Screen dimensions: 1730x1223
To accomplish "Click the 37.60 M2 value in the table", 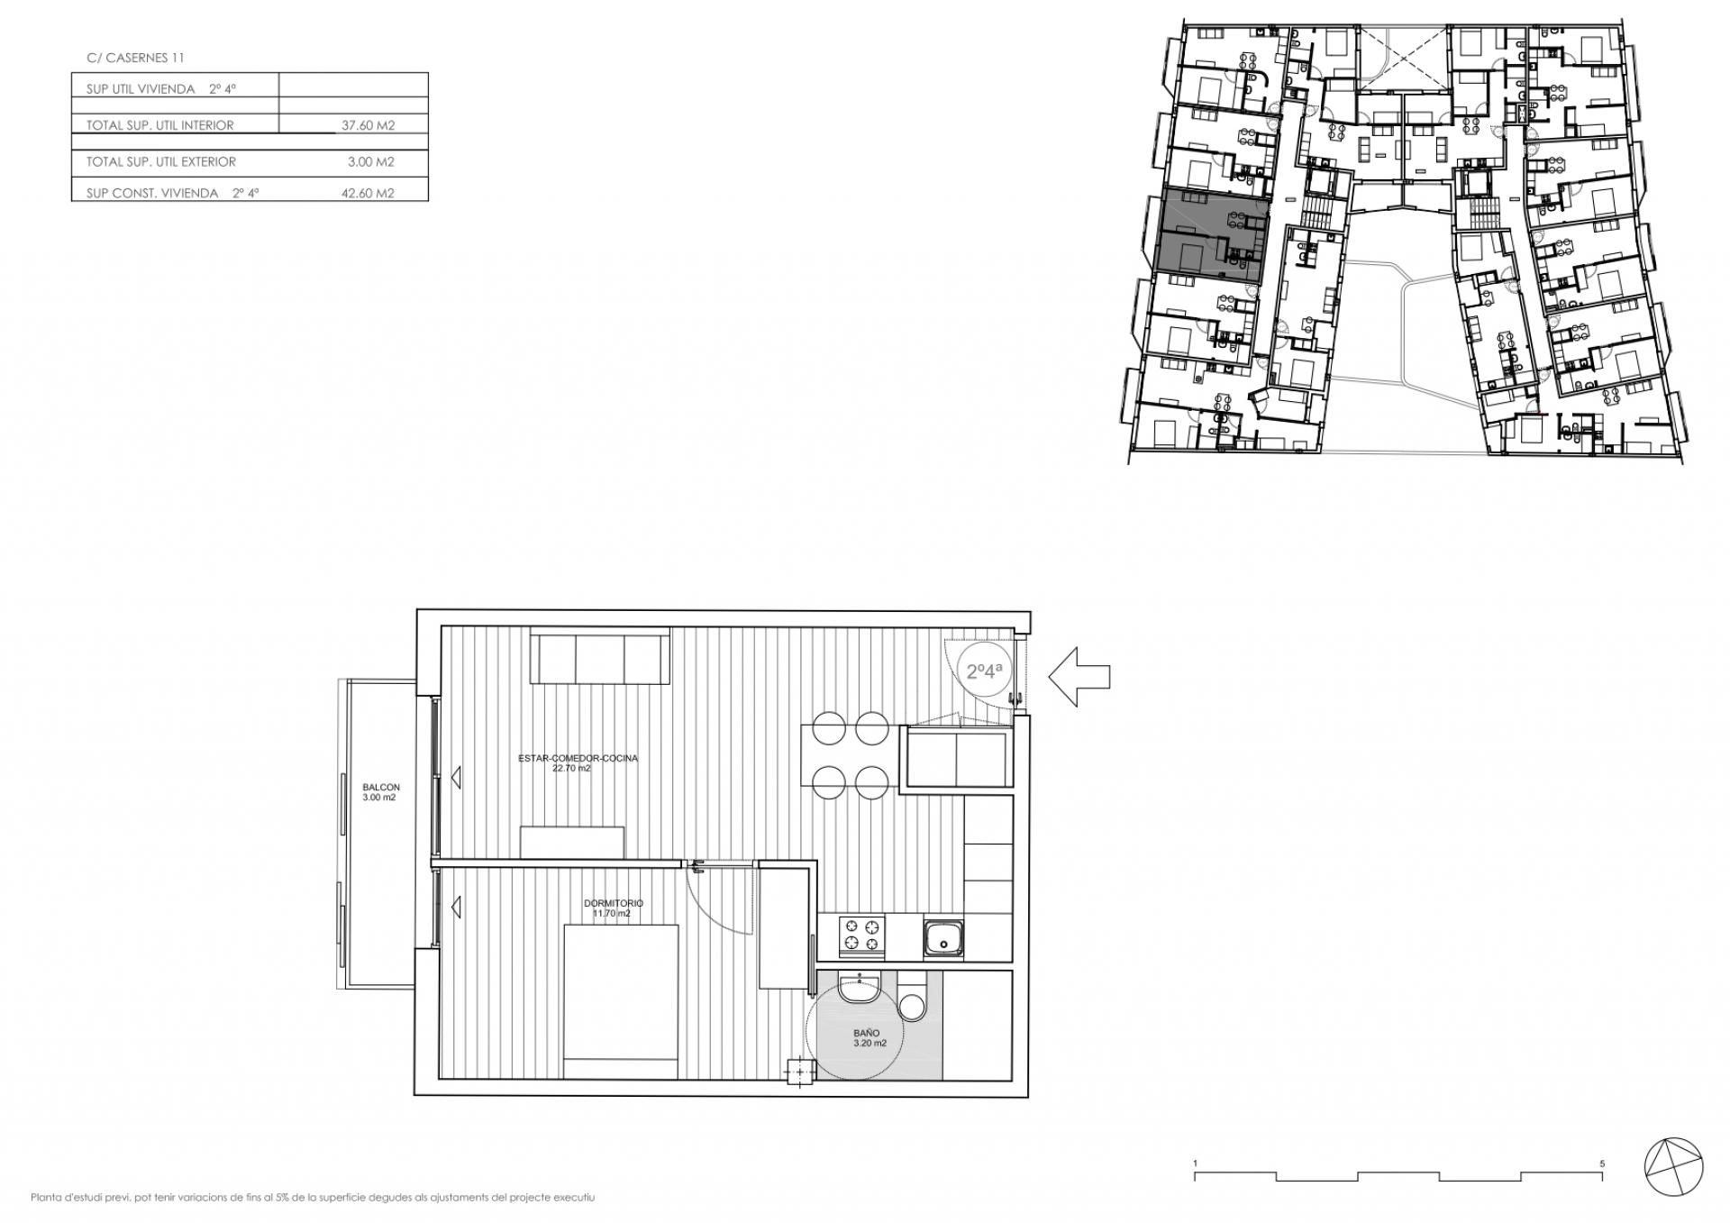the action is (368, 125).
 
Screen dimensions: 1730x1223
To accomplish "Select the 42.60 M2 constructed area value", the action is (368, 193).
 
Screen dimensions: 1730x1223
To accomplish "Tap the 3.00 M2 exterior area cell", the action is (371, 162).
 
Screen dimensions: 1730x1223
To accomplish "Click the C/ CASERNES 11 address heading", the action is (135, 58).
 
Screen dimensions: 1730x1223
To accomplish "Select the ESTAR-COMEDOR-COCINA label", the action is (578, 759).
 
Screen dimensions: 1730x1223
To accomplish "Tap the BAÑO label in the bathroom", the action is (867, 1033).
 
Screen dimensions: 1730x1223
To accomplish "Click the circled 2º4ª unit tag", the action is (985, 671).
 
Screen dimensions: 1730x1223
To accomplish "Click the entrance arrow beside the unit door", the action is (1079, 676).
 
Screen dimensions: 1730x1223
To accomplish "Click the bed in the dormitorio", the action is (621, 1002).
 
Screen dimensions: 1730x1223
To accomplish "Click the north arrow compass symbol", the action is (1674, 1164).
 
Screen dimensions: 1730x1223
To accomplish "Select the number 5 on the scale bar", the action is (1602, 1164).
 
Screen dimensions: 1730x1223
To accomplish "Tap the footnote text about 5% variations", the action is (313, 1198).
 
